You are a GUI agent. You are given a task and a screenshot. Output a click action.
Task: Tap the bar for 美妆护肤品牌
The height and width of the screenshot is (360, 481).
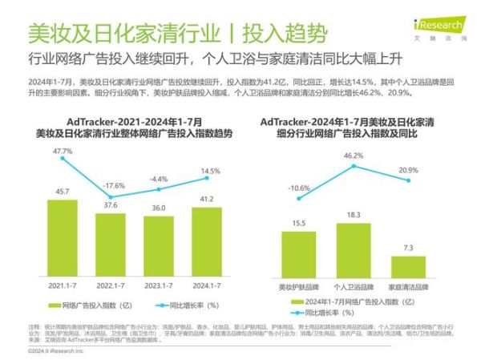pyautogui.click(x=298, y=254)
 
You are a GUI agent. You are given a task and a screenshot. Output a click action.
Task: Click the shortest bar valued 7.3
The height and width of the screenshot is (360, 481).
pyautogui.click(x=408, y=267)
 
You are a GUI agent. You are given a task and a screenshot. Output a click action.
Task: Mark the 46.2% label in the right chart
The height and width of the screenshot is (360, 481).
pyautogui.click(x=354, y=155)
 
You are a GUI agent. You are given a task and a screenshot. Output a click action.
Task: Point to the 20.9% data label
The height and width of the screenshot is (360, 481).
pyautogui.click(x=408, y=171)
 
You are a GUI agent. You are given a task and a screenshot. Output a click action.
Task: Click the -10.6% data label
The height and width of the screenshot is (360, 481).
pyautogui.click(x=300, y=188)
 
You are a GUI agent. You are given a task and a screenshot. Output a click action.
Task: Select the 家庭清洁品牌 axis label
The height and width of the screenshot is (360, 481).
pyautogui.click(x=408, y=285)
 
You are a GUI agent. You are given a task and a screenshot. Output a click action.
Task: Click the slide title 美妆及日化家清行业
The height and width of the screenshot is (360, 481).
pyautogui.click(x=119, y=33)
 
